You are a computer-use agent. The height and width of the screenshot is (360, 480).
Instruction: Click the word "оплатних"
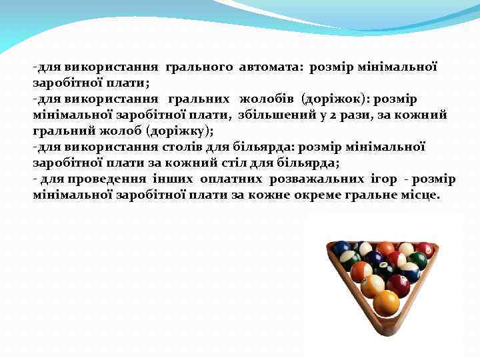(x=233, y=179)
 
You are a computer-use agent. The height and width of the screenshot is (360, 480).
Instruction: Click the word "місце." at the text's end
(x=421, y=195)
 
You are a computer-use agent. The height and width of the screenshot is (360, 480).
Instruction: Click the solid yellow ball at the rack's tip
(x=386, y=303)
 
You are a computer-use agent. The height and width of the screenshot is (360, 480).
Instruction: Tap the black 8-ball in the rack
(x=386, y=269)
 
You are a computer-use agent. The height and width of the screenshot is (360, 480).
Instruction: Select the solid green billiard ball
(x=419, y=260)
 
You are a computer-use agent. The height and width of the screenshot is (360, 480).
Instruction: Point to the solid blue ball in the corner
(x=343, y=249)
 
